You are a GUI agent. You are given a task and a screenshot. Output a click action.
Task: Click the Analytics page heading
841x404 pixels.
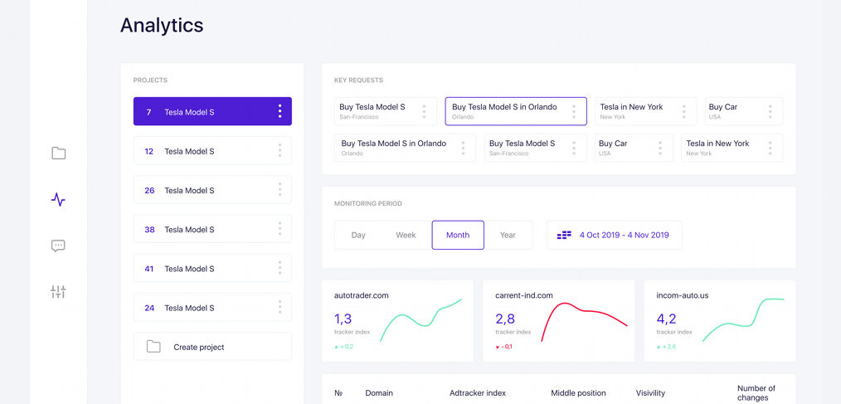[162, 26]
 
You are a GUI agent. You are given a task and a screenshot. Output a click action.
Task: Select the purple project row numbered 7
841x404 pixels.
[212, 112]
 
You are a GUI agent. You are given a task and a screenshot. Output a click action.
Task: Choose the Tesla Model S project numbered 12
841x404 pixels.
[212, 151]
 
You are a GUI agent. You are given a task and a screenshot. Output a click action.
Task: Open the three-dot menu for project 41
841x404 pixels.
[280, 268]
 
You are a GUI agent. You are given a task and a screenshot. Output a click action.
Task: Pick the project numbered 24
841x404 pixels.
[212, 308]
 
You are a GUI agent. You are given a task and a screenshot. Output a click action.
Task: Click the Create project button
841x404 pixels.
[212, 347]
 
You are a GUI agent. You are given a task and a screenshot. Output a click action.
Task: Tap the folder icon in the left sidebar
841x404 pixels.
[58, 153]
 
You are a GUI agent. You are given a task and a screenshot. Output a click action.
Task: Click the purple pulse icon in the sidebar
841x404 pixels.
[58, 199]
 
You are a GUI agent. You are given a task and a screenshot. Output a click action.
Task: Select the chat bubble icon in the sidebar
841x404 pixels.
[58, 246]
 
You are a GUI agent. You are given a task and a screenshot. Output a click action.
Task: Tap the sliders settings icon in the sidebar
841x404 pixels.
[58, 292]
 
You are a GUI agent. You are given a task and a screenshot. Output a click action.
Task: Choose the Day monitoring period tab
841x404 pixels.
[358, 235]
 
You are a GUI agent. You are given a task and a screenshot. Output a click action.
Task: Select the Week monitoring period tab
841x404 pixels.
[406, 235]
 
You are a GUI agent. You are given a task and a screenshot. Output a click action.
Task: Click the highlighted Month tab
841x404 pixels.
[458, 235]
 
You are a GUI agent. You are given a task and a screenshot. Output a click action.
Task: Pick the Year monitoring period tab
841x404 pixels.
[508, 235]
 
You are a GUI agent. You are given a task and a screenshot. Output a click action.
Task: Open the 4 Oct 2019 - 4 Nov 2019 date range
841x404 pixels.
[615, 235]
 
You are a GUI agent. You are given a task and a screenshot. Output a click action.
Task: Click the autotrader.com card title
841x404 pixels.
[361, 294]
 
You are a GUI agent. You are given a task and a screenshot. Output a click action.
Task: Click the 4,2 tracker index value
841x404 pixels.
[666, 319]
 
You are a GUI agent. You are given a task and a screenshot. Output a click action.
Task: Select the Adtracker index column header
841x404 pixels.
[477, 392]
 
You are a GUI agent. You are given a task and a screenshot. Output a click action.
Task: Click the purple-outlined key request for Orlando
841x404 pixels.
[515, 111]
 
